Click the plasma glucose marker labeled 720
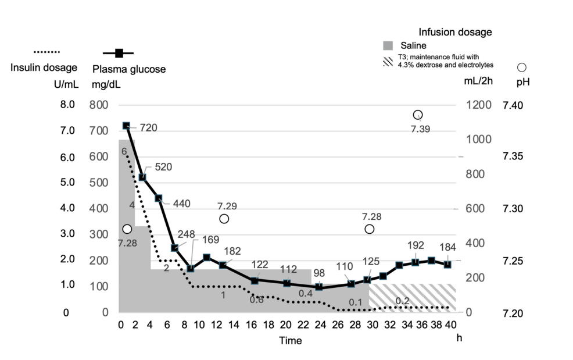coord(126,126)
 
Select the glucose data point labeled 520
coord(142,177)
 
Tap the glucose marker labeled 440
coord(158,198)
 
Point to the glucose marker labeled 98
coord(318,287)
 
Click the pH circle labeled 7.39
coord(417,115)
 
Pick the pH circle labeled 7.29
coord(224,219)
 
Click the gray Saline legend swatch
coord(388,45)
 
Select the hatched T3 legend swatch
coord(388,61)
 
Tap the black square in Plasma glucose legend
coord(119,54)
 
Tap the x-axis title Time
coord(289,341)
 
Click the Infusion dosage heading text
coord(455,32)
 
